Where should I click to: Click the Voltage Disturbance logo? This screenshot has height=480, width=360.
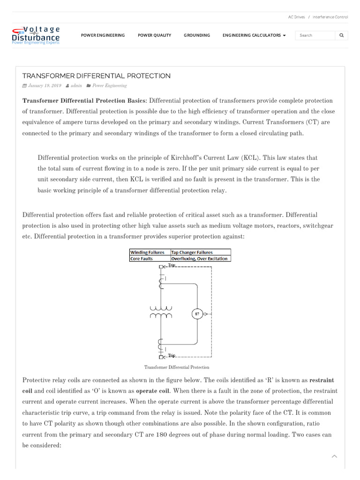36,35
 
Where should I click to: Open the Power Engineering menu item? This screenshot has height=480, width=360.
103,35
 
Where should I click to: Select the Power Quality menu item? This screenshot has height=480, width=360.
154,35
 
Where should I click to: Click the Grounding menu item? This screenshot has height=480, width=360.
197,35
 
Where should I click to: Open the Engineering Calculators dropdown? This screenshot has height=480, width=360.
254,35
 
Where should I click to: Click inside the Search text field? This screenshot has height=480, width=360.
315,35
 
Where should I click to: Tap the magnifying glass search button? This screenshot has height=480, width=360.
341,35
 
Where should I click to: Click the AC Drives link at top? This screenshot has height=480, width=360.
296,17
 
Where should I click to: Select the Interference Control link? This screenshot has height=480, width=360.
330,17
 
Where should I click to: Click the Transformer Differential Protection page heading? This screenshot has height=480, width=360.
97,76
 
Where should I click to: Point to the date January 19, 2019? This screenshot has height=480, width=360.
45,86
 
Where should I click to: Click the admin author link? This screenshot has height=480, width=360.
76,86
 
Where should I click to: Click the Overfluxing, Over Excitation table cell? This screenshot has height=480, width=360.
200,258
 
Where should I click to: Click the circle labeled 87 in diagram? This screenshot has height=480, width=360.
197,314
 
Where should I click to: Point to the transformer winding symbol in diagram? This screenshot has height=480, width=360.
161,312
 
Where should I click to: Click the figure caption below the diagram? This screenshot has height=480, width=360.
177,367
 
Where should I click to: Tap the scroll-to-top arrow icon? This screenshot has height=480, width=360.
334,456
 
